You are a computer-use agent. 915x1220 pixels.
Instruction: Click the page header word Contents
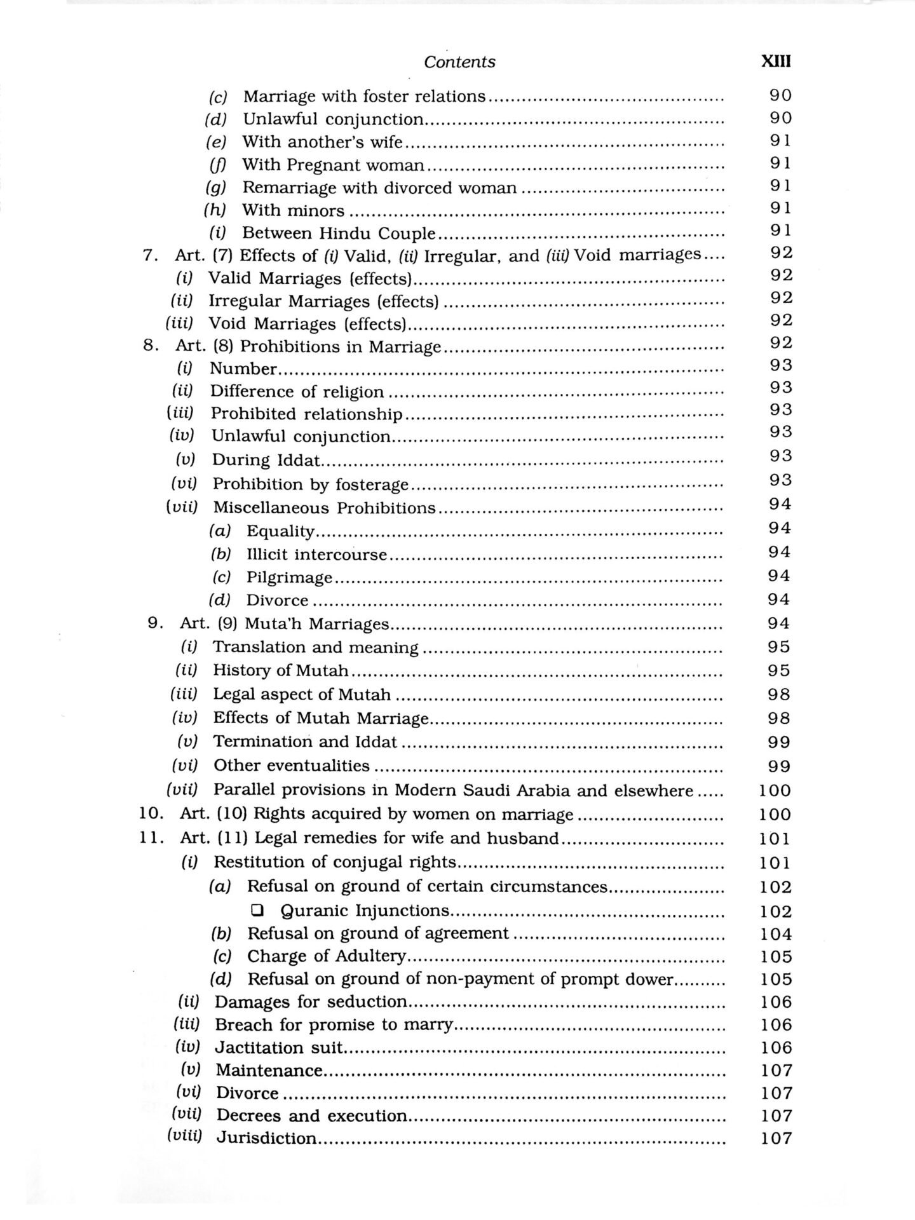coord(459,62)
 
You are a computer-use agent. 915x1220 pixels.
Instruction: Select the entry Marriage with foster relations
coord(364,97)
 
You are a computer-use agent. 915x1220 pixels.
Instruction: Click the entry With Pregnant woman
coord(333,165)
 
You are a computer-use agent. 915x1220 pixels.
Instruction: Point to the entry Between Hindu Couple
coord(339,233)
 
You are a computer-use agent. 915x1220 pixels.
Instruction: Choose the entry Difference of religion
coord(297,391)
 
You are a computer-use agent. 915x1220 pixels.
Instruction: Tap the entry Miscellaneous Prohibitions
coord(324,508)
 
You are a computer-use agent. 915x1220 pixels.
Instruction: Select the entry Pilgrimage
coord(289,578)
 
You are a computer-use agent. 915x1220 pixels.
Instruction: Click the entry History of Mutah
coord(280,670)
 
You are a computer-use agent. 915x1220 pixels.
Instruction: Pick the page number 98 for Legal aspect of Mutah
coord(778,695)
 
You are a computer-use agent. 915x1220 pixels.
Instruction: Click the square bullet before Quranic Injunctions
coord(257,911)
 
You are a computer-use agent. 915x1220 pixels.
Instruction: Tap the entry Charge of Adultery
coord(326,956)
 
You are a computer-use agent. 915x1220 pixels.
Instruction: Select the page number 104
coord(776,934)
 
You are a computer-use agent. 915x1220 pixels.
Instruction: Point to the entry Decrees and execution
coord(311,1116)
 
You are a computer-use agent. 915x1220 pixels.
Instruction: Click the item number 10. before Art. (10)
coord(151,814)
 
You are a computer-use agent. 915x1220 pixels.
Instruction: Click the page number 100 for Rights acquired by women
coord(775,815)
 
